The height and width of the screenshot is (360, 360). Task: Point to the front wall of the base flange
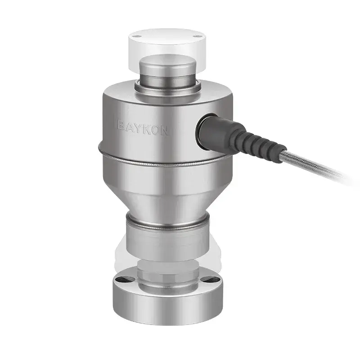pos(166,306)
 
